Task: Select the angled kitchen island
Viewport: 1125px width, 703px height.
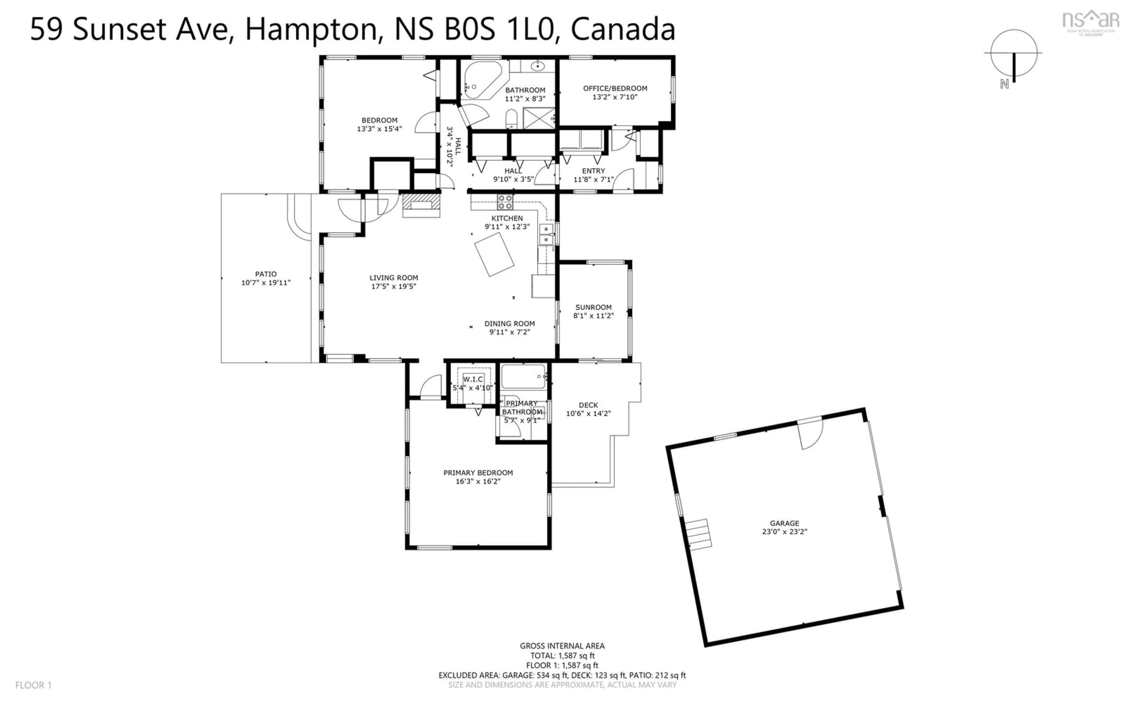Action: (x=494, y=254)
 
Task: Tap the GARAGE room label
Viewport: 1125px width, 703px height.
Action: (x=785, y=523)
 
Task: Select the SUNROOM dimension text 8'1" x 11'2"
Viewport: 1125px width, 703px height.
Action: (x=593, y=316)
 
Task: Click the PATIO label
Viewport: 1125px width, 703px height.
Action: (x=266, y=274)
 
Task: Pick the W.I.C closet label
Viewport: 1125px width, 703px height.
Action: (x=473, y=379)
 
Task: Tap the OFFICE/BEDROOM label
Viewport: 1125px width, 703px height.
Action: (x=615, y=88)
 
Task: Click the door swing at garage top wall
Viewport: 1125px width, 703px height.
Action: (x=811, y=433)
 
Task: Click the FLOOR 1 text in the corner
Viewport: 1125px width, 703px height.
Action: (x=33, y=685)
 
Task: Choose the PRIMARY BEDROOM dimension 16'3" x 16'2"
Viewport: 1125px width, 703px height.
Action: (x=478, y=481)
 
